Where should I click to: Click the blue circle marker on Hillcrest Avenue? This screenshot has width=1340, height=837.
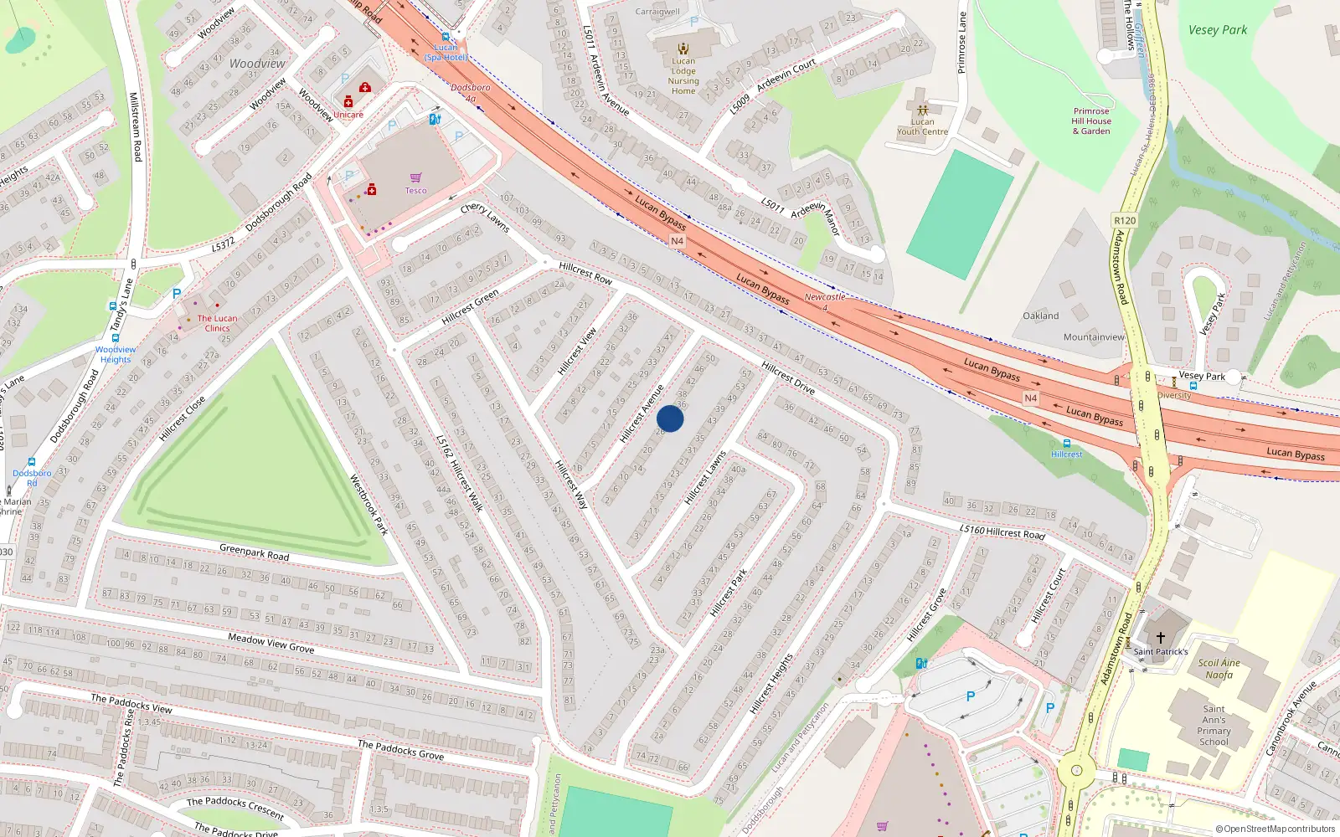670,418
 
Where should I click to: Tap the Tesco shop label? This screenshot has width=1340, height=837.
416,190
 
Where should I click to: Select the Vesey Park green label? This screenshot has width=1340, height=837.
1217,30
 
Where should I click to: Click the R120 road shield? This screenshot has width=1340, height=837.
1125,221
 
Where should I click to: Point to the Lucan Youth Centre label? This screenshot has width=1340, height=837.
922,126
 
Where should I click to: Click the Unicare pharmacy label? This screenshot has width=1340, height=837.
348,115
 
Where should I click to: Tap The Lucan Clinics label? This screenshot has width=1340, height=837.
217,323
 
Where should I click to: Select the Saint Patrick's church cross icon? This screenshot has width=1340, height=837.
1161,637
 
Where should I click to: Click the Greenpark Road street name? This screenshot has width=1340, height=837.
254,552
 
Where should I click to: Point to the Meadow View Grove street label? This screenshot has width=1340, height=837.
271,643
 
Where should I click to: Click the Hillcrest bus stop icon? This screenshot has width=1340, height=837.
1066,444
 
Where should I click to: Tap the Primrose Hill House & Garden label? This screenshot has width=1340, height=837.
1091,121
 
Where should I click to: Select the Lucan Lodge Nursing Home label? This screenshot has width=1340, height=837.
683,75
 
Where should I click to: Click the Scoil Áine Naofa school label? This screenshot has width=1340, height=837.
1219,669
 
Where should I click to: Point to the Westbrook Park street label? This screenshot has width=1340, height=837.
368,505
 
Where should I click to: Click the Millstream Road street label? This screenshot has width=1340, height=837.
135,127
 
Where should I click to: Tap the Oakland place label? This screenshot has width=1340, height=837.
1040,316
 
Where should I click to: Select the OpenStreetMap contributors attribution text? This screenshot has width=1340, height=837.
1275,829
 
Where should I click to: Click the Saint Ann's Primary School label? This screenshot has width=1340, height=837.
1214,725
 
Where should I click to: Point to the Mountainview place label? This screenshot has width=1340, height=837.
1094,337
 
